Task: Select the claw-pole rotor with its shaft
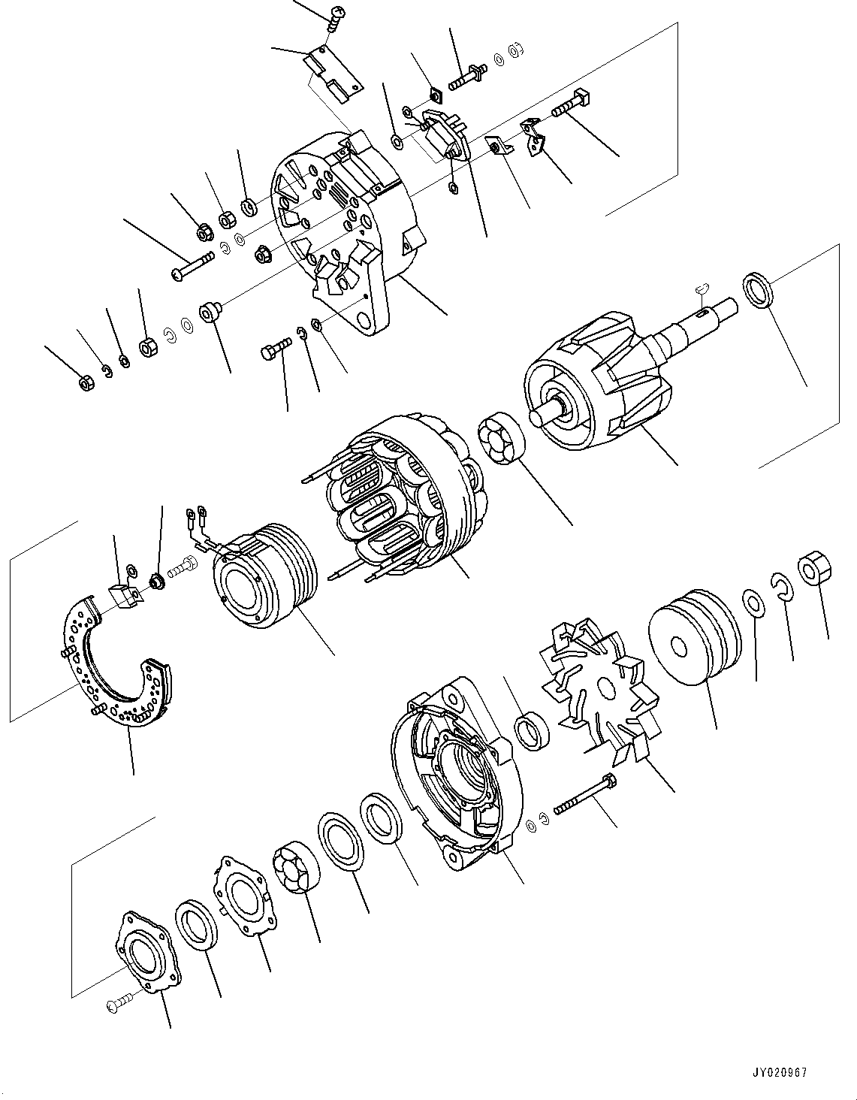593,383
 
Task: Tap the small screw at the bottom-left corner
119,1002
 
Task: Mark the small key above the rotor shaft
702,286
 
